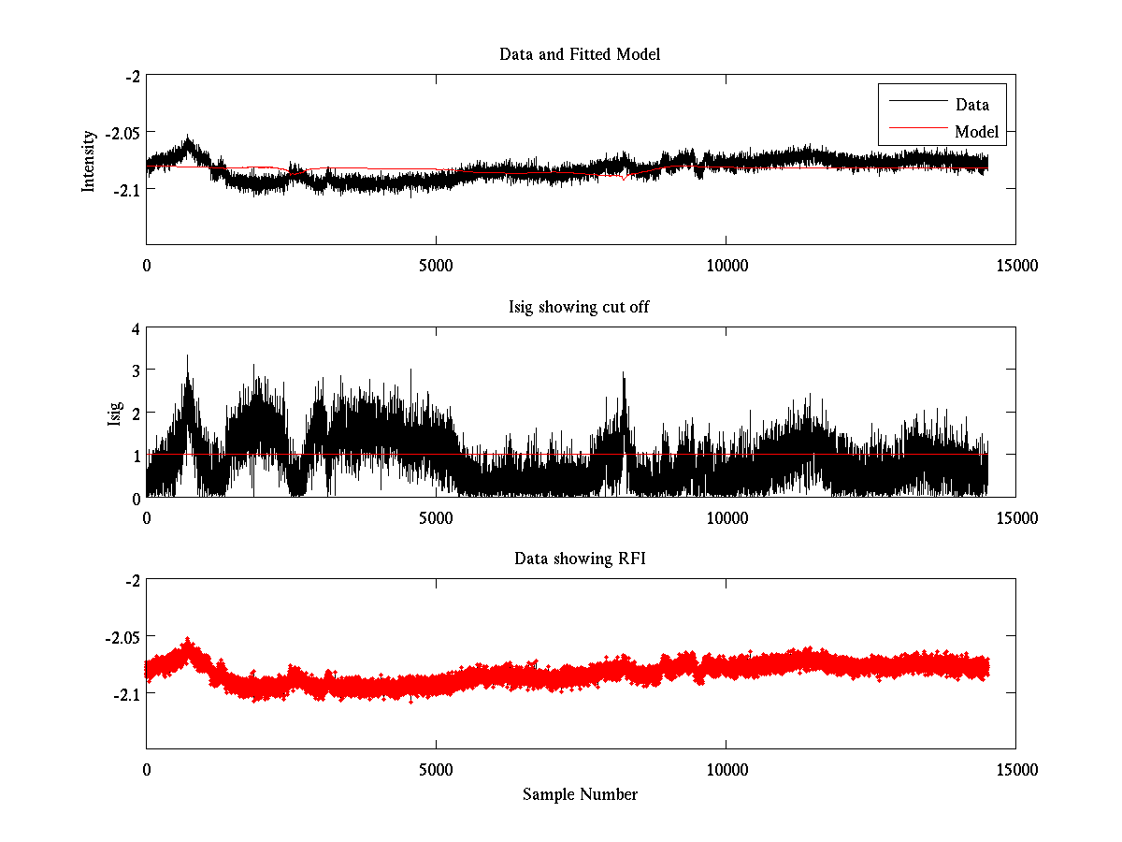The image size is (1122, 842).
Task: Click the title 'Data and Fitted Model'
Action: (580, 54)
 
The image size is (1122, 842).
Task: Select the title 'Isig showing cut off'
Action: (580, 307)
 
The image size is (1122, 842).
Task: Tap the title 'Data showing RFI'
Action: (580, 559)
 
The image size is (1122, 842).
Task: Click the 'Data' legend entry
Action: (971, 105)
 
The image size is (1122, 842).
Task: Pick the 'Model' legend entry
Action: (976, 132)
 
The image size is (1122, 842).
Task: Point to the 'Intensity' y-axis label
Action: (89, 160)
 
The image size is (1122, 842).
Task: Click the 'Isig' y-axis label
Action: (114, 413)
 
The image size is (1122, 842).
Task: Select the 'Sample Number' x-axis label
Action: (580, 794)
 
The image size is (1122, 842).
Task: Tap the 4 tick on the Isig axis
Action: (136, 328)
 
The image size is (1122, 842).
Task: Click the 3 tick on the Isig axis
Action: (136, 370)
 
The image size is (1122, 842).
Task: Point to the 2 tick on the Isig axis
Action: (136, 413)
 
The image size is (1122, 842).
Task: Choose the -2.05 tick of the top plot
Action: (123, 133)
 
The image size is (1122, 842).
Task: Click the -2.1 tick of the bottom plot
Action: (127, 694)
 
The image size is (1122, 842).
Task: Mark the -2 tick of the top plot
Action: (133, 77)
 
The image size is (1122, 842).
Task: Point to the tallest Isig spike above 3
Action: (188, 356)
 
